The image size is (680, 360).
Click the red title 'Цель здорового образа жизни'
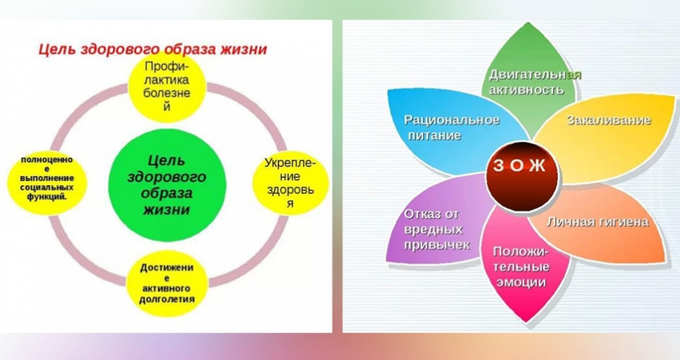pos(153,49)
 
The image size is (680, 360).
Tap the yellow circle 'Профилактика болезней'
pos(167,85)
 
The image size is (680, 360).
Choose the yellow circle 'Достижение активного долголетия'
pos(167,283)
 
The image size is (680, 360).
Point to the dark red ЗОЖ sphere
pos(521,176)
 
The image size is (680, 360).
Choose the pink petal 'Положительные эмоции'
pos(525,265)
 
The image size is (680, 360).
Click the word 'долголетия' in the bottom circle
pos(167,299)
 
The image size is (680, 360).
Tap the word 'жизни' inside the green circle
pos(167,209)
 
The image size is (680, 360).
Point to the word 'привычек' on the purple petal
pos(437,245)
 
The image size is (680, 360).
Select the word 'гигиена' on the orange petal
pos(623,222)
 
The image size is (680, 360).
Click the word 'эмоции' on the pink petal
pos(521,282)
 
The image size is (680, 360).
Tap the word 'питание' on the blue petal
pos(434,135)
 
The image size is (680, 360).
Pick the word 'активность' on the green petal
pos(527,90)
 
